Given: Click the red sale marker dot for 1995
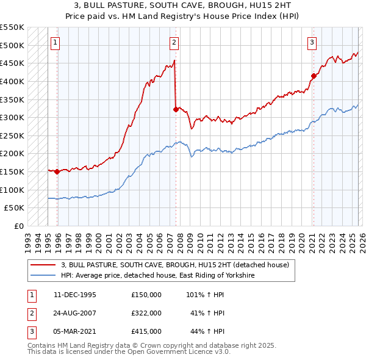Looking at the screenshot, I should coord(57,171).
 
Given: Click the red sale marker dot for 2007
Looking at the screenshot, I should coord(176,110).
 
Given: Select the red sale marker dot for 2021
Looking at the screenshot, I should coord(314,76).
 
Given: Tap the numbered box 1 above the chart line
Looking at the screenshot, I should coord(56,43).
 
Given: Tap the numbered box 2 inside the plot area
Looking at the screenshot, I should coord(174,43).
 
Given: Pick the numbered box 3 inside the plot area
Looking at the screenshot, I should coord(312,43).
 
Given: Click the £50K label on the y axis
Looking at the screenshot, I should coord(15,208).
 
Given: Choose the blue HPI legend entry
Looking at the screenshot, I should coord(157,276).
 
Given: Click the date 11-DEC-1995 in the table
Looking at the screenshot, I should coord(75,295).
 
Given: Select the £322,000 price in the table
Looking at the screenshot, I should coord(146,313).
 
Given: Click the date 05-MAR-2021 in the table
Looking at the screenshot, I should coord(75,331).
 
